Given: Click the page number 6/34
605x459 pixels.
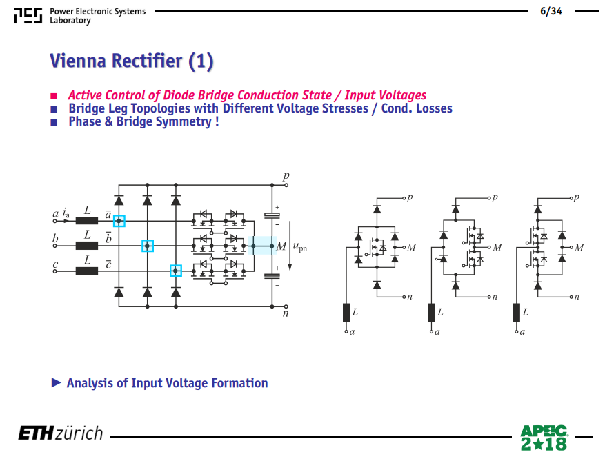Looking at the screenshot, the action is click(551, 11).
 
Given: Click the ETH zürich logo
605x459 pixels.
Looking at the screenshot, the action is click(61, 433).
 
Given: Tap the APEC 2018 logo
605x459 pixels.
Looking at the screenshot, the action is click(544, 438).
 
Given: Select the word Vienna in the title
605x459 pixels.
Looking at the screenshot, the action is click(77, 61).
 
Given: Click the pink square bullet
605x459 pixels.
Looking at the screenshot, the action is click(54, 96).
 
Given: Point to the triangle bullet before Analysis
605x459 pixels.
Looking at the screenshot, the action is click(57, 382).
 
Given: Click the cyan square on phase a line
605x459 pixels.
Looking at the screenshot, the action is click(119, 221).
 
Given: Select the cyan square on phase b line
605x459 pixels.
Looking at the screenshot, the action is click(148, 246).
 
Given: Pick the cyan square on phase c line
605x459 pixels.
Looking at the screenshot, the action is click(175, 271).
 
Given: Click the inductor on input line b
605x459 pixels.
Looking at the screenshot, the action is click(87, 246).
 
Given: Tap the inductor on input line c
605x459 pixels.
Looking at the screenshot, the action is click(87, 271).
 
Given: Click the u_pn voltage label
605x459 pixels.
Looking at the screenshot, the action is click(300, 246).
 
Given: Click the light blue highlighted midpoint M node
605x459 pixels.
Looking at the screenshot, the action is click(262, 246).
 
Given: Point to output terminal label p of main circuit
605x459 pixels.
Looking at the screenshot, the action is click(286, 177).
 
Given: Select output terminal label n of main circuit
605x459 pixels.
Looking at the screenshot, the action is click(286, 313).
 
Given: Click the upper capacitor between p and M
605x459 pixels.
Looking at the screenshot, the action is click(272, 215).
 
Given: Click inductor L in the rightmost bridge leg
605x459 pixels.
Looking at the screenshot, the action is click(517, 313).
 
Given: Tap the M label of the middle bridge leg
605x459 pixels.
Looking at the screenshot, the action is click(497, 248).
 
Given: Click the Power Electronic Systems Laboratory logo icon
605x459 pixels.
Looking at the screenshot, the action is click(28, 16).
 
